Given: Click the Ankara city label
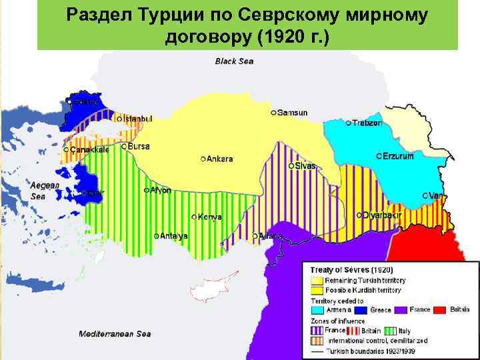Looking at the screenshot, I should [x=220, y=159].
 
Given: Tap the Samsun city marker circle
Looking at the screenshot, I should [x=274, y=113].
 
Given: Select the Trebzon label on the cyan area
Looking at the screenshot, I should [x=368, y=123].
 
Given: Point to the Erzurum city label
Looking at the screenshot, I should [x=398, y=156].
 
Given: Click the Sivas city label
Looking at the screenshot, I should [x=305, y=165].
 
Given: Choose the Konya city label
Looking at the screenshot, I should [x=210, y=217].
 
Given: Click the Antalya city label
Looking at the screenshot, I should [x=174, y=236].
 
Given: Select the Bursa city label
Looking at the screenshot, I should [x=139, y=146].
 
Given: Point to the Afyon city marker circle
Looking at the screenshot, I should [x=146, y=190].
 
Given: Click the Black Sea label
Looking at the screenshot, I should [x=234, y=61].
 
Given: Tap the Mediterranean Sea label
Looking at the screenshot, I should [x=115, y=334].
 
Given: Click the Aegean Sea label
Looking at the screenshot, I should [x=45, y=191].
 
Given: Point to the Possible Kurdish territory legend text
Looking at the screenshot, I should [x=363, y=291].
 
